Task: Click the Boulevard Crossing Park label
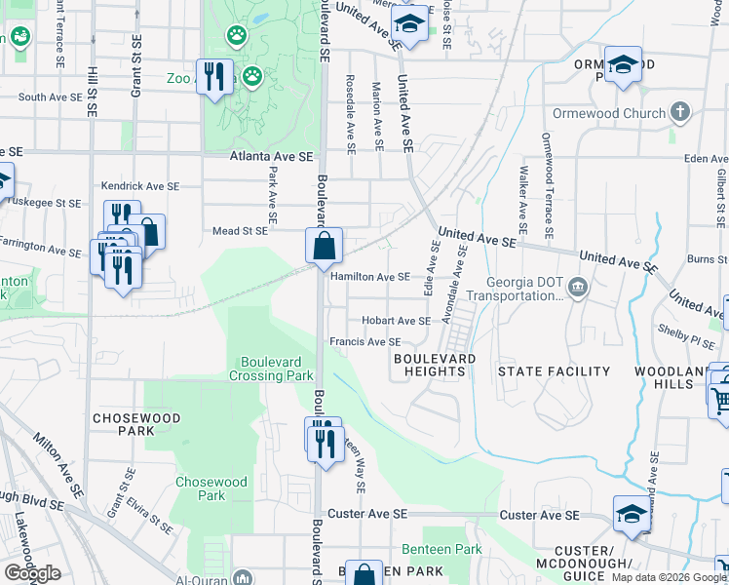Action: point(272,369)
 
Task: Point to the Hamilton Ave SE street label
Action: point(369,276)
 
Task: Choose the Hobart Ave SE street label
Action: point(395,321)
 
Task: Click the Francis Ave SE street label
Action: point(364,342)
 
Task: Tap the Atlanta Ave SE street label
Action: point(272,156)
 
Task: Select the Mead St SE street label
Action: point(240,231)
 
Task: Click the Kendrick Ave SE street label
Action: point(140,185)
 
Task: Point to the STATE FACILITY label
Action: point(554,371)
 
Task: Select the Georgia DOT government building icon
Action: point(578,287)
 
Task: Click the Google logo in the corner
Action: point(32,573)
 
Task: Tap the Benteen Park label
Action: point(441,550)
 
